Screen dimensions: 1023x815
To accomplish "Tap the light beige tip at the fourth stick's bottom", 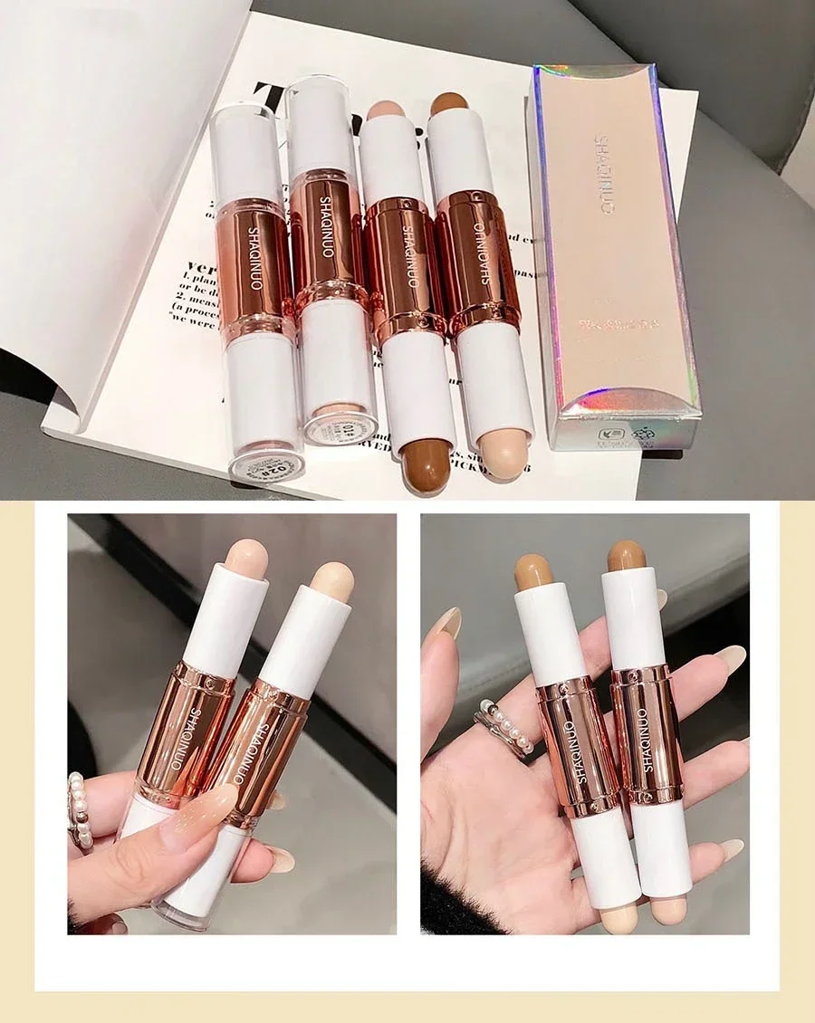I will tap(505, 458).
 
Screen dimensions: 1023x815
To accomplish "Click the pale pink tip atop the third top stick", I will tap(386, 110).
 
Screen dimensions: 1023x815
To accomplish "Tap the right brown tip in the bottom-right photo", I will tap(627, 555).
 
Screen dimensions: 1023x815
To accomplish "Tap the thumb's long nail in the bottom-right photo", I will tap(446, 623).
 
